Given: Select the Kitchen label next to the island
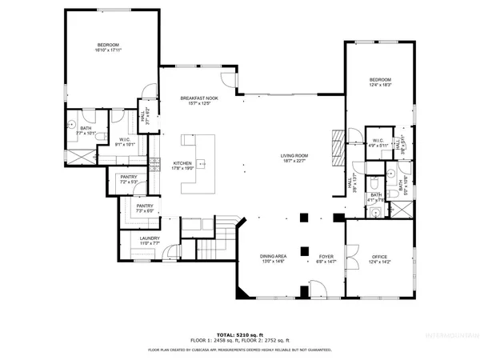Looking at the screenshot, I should [183, 166].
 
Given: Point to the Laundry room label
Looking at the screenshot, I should [150, 240].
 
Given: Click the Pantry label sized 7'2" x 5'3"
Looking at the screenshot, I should [130, 180].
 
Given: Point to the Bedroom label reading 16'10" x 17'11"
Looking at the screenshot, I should [109, 47].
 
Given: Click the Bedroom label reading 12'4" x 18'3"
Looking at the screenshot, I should [380, 82].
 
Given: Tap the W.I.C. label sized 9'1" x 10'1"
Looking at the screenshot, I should [126, 143].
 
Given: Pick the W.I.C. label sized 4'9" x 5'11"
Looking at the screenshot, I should [377, 144].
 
